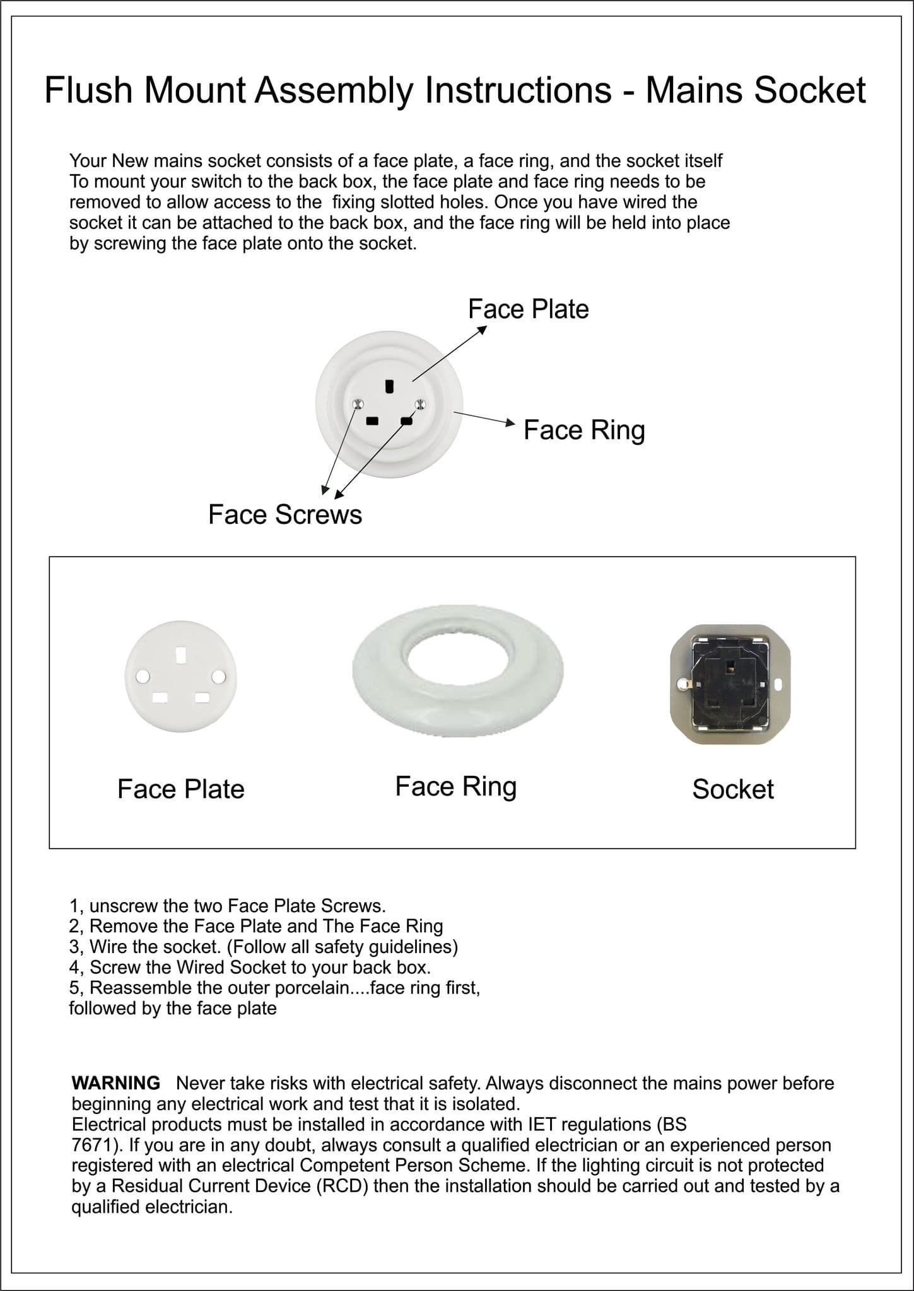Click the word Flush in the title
[88, 90]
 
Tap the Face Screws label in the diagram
[285, 514]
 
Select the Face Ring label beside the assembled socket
[584, 430]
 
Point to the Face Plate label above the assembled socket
[528, 309]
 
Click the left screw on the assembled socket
[358, 404]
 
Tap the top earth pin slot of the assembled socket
[390, 386]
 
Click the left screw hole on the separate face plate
[143, 676]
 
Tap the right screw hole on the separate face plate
[218, 676]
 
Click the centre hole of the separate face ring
[457, 668]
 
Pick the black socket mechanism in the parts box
[730, 683]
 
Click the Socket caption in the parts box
[732, 789]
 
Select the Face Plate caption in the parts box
[180, 789]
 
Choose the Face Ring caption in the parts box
[455, 787]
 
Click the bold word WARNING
[116, 1083]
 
